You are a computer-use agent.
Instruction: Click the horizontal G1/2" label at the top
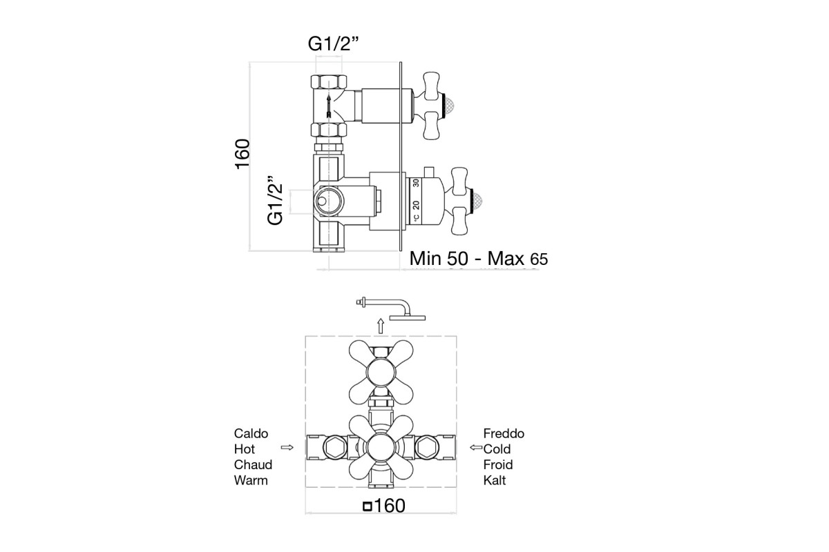pos(333,44)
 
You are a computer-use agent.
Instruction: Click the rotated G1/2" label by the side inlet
pos(275,199)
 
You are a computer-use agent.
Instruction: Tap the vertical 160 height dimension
pos(242,154)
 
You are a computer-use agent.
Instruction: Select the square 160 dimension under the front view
pos(385,506)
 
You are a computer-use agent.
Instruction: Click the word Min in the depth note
pos(426,258)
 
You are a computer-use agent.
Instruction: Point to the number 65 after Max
pos(539,259)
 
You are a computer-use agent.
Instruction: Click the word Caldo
pos(251,433)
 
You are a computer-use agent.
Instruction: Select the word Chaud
pos(253,464)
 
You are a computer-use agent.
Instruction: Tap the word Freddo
pos(504,433)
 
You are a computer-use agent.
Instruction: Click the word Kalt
pos(495,480)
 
